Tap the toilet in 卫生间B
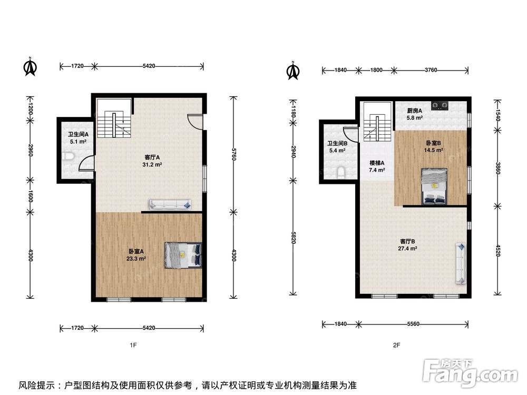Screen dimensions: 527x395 point(341,172)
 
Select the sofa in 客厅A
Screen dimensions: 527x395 point(170,204)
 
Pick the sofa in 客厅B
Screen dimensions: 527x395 point(461,263)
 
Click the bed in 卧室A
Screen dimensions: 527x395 point(183,255)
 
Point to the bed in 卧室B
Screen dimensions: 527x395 point(435,186)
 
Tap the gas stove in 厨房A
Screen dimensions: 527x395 point(440,106)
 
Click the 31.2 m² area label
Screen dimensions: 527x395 point(152,164)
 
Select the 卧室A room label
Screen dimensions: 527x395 point(136,251)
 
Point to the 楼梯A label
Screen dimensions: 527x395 point(377,163)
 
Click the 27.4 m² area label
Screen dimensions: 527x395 point(408,249)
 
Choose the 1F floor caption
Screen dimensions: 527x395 point(133,345)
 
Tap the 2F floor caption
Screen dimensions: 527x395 point(397,345)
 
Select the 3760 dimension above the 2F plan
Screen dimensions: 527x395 point(431,70)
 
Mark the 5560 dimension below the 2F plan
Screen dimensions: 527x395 point(413,324)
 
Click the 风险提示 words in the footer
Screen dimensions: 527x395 point(35,385)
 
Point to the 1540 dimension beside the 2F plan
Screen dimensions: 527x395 point(498,115)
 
